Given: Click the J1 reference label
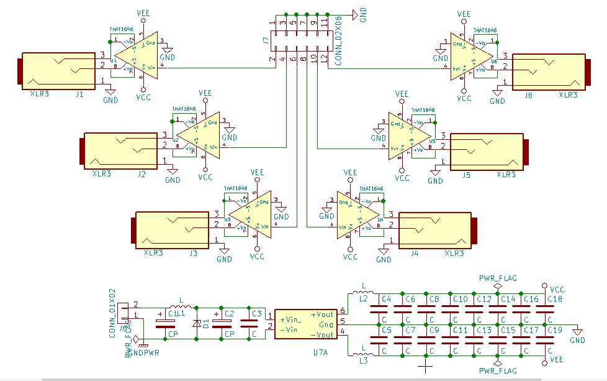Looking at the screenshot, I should point(79,95).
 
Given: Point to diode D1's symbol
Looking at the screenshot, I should point(197,323).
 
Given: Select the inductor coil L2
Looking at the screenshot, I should point(359,293).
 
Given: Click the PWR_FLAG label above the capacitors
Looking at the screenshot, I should point(498,278).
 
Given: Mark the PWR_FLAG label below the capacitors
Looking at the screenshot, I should point(498,370).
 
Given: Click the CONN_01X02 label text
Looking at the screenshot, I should point(112,312).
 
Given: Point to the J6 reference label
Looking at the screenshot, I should point(528,95).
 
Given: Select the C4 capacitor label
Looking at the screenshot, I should point(386,299).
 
